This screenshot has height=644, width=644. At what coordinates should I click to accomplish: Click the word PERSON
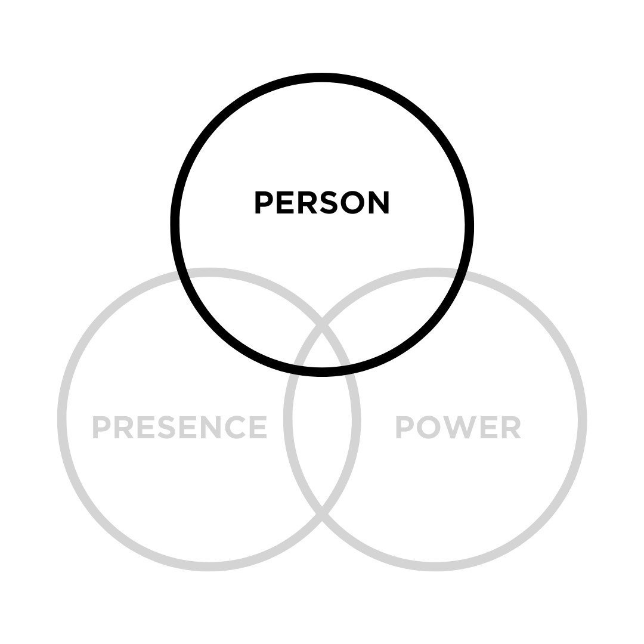point(322,203)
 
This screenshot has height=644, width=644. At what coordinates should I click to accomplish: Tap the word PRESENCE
point(179,427)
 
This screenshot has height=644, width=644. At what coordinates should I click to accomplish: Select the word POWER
point(459,427)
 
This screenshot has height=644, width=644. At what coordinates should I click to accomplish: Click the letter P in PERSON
point(263,203)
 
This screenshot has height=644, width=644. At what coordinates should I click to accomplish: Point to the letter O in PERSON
point(351,203)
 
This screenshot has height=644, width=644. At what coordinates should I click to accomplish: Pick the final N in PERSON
point(379,203)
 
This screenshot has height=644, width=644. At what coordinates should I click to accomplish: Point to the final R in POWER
point(512,427)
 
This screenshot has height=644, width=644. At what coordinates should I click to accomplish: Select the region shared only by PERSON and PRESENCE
point(250,322)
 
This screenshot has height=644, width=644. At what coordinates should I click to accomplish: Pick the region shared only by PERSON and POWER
point(394,322)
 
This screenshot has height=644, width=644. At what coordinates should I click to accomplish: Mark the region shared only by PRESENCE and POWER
point(322,441)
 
